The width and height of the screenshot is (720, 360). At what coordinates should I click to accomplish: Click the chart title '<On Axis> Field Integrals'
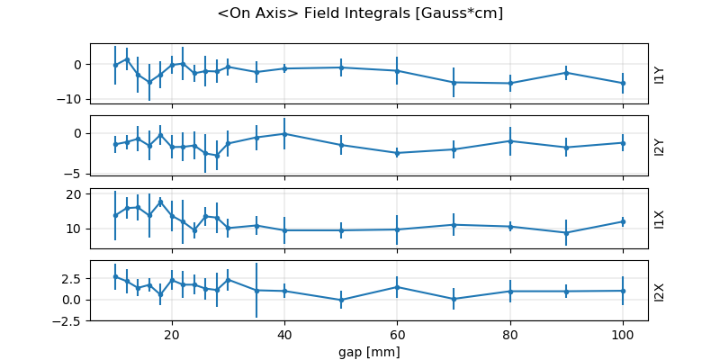(360, 13)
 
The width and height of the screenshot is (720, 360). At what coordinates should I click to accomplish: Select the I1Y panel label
(660, 74)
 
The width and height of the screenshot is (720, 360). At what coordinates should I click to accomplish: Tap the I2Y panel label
(660, 146)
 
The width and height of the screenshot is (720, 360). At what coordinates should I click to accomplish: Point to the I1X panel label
(660, 218)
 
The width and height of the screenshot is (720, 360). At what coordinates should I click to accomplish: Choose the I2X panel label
(660, 290)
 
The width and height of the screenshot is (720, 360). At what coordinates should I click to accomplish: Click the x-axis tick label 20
(172, 332)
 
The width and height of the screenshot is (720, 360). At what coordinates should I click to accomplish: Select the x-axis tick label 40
(284, 332)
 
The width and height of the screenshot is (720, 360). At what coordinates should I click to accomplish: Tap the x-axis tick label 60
(397, 332)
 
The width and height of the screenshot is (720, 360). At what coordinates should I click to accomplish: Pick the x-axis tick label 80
(510, 332)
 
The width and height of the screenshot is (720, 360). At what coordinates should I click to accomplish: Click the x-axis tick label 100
(623, 332)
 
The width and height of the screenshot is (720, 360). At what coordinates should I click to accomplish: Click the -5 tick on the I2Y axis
(77, 173)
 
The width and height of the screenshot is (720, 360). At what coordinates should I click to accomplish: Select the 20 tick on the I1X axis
(75, 194)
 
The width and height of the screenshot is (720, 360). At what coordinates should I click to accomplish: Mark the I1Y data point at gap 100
(623, 83)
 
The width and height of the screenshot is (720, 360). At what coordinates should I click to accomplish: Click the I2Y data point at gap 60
(397, 153)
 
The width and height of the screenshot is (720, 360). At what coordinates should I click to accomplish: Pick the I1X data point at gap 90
(566, 232)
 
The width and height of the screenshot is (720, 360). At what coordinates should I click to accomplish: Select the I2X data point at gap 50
(341, 300)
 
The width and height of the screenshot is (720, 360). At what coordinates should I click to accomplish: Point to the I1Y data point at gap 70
(454, 82)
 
